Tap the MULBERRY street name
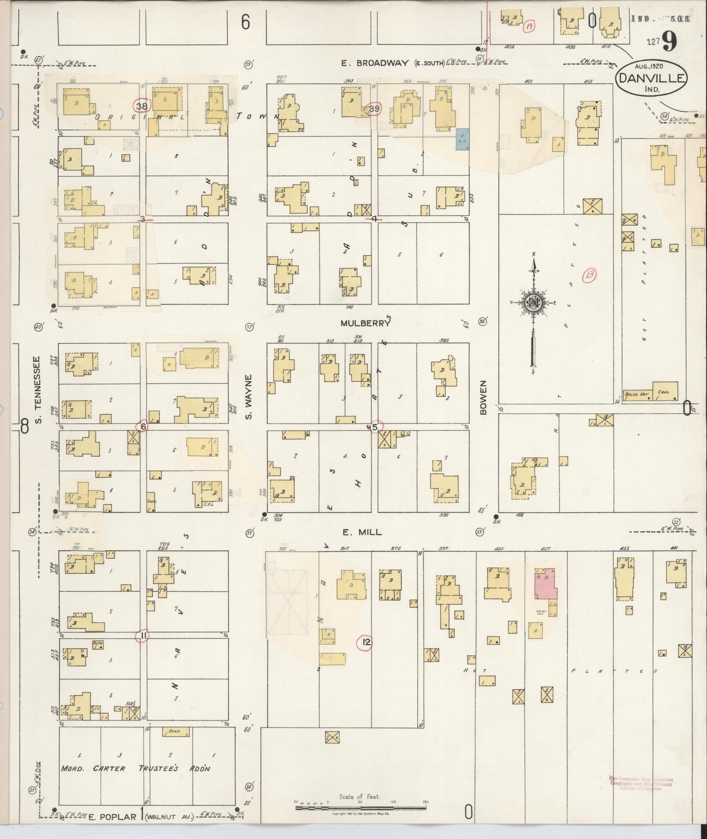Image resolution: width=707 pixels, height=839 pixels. point(365,323)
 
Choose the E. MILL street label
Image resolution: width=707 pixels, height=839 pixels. point(361,533)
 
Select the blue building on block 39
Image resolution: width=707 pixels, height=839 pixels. point(463,139)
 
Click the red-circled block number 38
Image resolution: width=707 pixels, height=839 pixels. point(142,106)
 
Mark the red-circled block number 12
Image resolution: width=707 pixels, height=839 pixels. point(365,642)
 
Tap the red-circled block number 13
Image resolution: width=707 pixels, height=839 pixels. point(590,274)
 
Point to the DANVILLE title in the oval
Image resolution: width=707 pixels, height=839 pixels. point(651,78)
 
